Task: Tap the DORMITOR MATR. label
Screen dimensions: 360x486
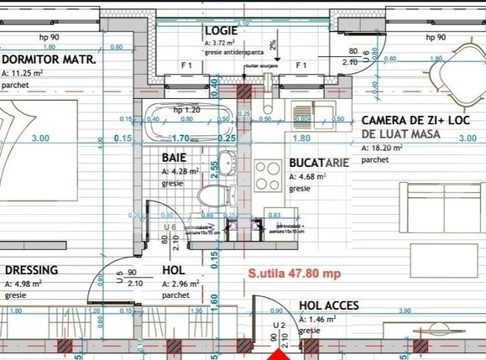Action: pyautogui.click(x=49, y=60)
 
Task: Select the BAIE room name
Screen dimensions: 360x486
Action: pyautogui.click(x=175, y=157)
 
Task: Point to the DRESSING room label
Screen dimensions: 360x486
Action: pyautogui.click(x=31, y=270)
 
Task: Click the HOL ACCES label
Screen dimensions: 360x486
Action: pyautogui.click(x=330, y=306)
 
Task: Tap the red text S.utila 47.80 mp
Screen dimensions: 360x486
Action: pyautogui.click(x=293, y=274)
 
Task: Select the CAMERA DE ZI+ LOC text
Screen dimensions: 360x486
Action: pyautogui.click(x=415, y=121)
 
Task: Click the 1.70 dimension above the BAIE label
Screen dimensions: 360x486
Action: pyautogui.click(x=180, y=138)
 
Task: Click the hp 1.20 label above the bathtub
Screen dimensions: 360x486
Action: pyautogui.click(x=186, y=109)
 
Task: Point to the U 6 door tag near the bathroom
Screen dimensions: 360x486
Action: pyautogui.click(x=170, y=227)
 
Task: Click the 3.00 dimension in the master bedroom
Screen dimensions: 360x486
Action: pyautogui.click(x=39, y=138)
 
